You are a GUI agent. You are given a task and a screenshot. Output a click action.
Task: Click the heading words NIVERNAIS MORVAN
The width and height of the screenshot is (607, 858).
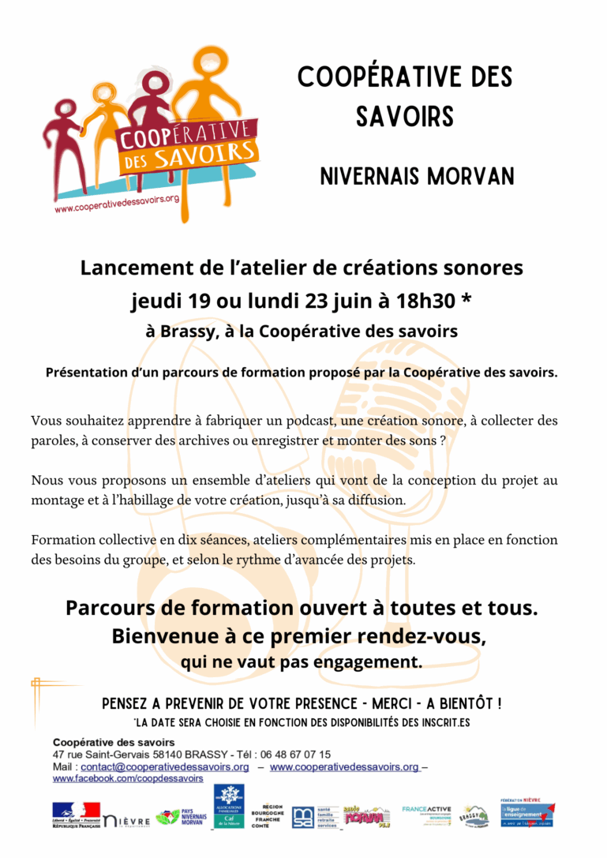tap(417, 175)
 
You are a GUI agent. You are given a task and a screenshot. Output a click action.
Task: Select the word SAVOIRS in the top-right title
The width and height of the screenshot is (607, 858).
tap(404, 117)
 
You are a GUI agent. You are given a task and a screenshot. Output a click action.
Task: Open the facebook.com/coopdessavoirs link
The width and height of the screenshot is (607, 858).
tap(128, 778)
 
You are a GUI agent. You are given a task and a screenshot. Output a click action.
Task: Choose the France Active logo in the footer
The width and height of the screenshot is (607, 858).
tap(425, 813)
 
